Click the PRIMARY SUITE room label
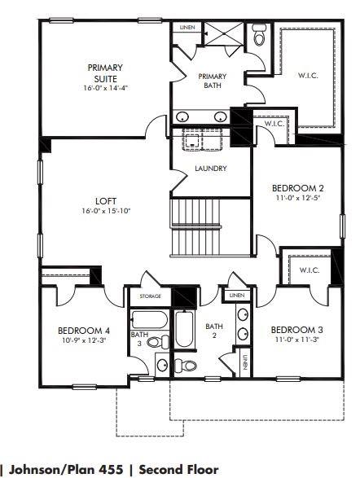(x=106, y=72)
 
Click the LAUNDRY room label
(x=210, y=169)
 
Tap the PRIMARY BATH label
(x=213, y=81)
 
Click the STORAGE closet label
(x=151, y=296)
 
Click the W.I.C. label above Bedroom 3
(x=309, y=270)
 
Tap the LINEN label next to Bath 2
(x=236, y=296)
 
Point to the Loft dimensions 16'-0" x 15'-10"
(x=106, y=211)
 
